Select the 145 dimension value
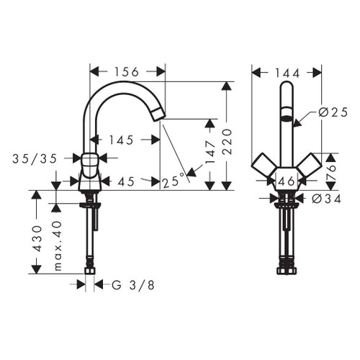[120, 140]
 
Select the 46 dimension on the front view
[286, 182]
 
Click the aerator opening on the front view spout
[287, 121]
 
